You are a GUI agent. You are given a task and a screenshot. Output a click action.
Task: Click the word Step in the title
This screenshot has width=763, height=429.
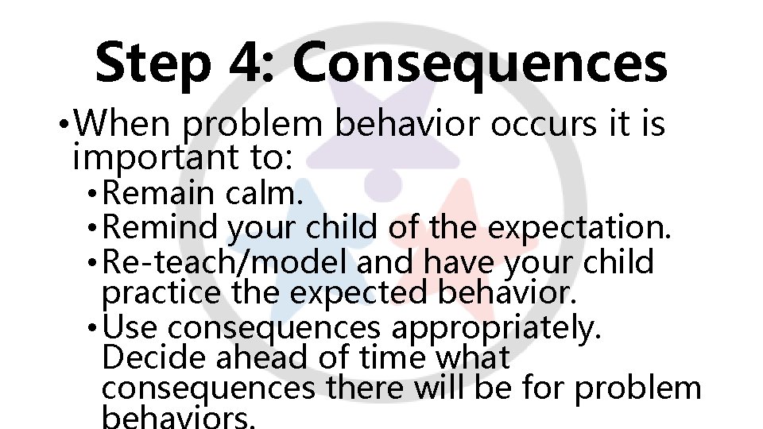(x=151, y=64)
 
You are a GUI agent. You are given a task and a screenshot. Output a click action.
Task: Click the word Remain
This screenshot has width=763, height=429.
(x=153, y=193)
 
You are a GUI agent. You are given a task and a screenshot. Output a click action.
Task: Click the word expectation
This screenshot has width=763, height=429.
(x=581, y=227)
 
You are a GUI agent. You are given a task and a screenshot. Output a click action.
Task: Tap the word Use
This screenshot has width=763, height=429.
(x=131, y=326)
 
